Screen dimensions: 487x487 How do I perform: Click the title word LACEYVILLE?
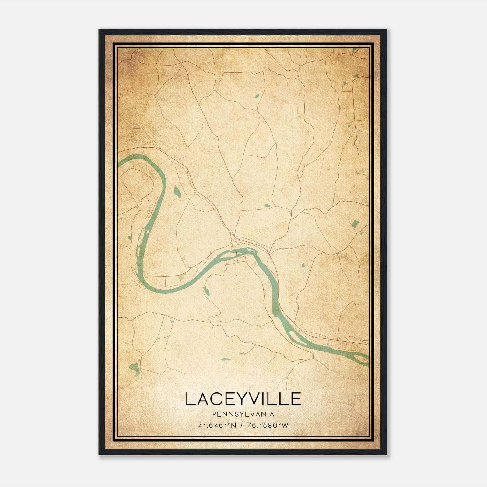point(243,399)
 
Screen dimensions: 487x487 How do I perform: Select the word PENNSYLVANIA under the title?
point(243,414)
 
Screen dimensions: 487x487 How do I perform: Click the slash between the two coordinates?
point(241,426)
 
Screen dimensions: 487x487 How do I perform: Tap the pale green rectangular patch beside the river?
point(182,277)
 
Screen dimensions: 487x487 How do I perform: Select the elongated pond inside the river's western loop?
point(177,191)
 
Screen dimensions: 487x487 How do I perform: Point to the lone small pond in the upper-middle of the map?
point(257,96)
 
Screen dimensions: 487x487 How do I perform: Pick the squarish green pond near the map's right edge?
point(355,224)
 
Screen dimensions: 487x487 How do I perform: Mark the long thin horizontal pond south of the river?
point(226,359)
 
